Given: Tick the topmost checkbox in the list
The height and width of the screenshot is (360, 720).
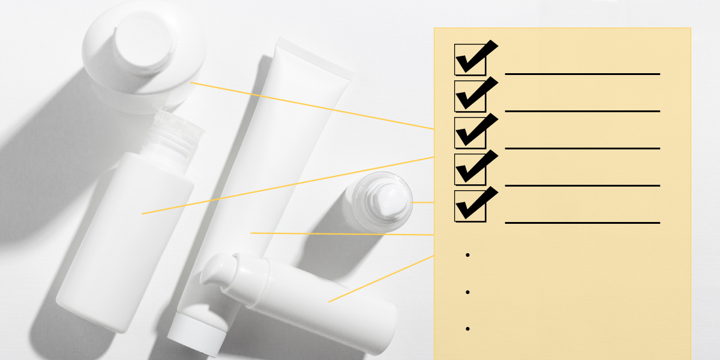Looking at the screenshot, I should (470, 59).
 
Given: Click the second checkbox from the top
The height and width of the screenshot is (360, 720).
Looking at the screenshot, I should (470, 95).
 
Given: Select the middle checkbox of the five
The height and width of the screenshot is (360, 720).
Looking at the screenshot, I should (470, 132).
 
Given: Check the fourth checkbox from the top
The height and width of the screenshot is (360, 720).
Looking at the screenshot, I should (470, 169).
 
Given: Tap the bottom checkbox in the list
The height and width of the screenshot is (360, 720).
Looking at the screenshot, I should (470, 206).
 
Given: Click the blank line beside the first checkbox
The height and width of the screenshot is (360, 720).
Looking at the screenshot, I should (582, 74).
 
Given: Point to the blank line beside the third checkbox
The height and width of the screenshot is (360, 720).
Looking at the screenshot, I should (582, 148).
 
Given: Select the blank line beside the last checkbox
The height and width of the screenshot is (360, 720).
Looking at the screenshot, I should (582, 222).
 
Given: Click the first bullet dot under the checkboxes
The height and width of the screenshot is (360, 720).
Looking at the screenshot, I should (467, 255).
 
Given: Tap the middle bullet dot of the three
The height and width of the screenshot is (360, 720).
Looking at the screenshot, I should (467, 292).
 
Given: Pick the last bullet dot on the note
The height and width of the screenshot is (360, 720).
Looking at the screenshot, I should (467, 329).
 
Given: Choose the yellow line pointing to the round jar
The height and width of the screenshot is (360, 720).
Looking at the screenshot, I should (312, 106).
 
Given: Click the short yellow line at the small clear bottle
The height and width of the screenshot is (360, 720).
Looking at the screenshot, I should (423, 203).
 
